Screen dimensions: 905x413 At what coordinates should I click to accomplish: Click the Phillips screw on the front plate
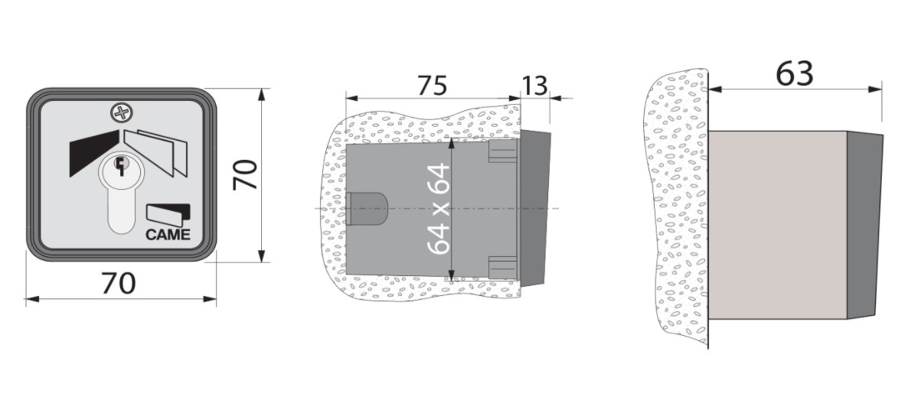pos(121,113)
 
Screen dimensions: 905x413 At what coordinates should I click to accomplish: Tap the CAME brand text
pos(168,235)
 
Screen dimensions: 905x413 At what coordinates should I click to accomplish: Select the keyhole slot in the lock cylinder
pos(121,167)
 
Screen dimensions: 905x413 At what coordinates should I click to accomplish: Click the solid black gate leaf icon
pos(93,153)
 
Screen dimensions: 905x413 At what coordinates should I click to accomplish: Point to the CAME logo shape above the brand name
pos(168,213)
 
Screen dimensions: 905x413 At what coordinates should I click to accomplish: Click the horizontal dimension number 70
pos(119,283)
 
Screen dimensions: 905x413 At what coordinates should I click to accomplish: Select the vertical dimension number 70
pos(245,175)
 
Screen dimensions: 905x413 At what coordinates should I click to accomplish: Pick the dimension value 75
pos(433,86)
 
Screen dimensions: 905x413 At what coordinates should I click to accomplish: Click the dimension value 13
pos(534,86)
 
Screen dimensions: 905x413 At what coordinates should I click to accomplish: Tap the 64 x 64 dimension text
pos(439,209)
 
